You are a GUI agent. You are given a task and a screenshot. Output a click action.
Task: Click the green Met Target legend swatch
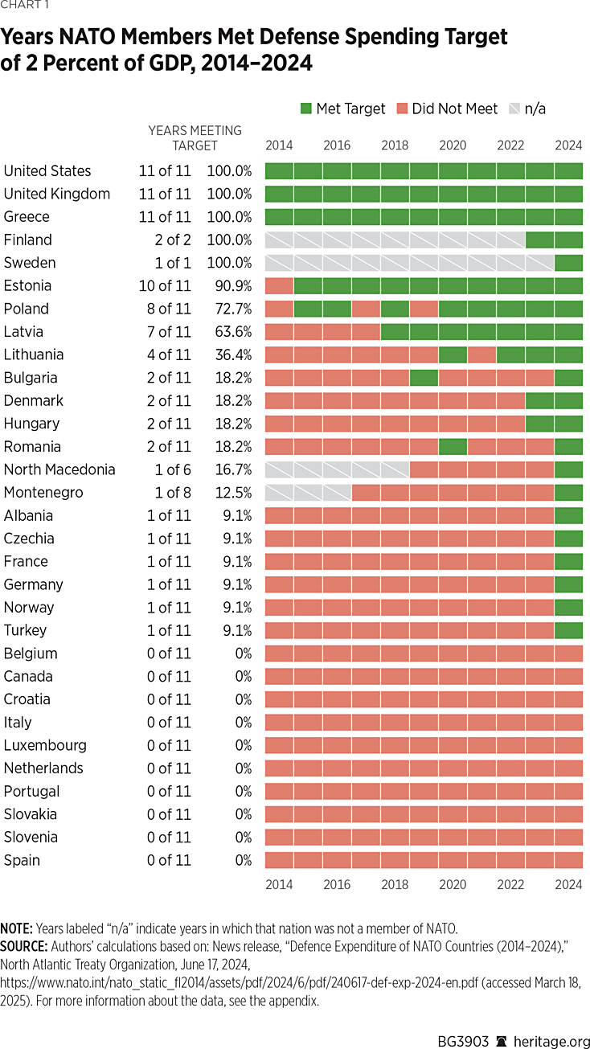click(x=305, y=109)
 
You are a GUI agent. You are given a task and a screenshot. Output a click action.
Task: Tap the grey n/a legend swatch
click(x=514, y=109)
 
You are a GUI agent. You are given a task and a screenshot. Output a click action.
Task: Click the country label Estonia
click(x=27, y=285)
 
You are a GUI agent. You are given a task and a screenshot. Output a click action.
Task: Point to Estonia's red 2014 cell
click(x=279, y=285)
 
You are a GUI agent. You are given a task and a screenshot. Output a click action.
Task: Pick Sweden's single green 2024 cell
click(x=568, y=263)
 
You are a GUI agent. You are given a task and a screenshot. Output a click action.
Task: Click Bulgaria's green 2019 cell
click(x=424, y=378)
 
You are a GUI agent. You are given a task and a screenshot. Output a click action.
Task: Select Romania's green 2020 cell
click(x=453, y=447)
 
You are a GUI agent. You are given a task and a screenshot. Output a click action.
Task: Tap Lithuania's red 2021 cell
click(x=481, y=354)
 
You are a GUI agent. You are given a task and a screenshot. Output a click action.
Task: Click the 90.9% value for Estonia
click(x=230, y=285)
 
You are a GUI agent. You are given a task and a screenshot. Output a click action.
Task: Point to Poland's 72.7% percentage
click(x=230, y=309)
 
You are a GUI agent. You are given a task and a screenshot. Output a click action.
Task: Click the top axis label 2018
click(x=395, y=145)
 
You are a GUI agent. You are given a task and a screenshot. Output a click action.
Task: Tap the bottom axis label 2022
click(x=510, y=884)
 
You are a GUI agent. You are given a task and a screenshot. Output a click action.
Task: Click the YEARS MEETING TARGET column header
click(x=195, y=137)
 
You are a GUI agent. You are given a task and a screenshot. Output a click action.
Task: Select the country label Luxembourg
click(x=45, y=745)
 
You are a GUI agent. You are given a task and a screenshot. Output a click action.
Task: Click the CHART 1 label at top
click(x=23, y=7)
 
